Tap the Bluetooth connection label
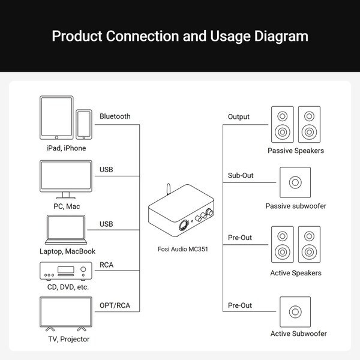pos(115,116)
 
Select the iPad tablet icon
pos(57,119)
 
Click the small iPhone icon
pos(84,125)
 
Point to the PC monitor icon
pos(65,178)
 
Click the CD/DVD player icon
pos(65,272)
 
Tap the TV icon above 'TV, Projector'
pos(65,315)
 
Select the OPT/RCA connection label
pos(115,305)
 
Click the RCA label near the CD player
pos(106,264)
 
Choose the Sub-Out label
pos(240,176)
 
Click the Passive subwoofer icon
pos(295,182)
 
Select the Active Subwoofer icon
pos(295,312)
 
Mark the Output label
pos(239,116)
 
